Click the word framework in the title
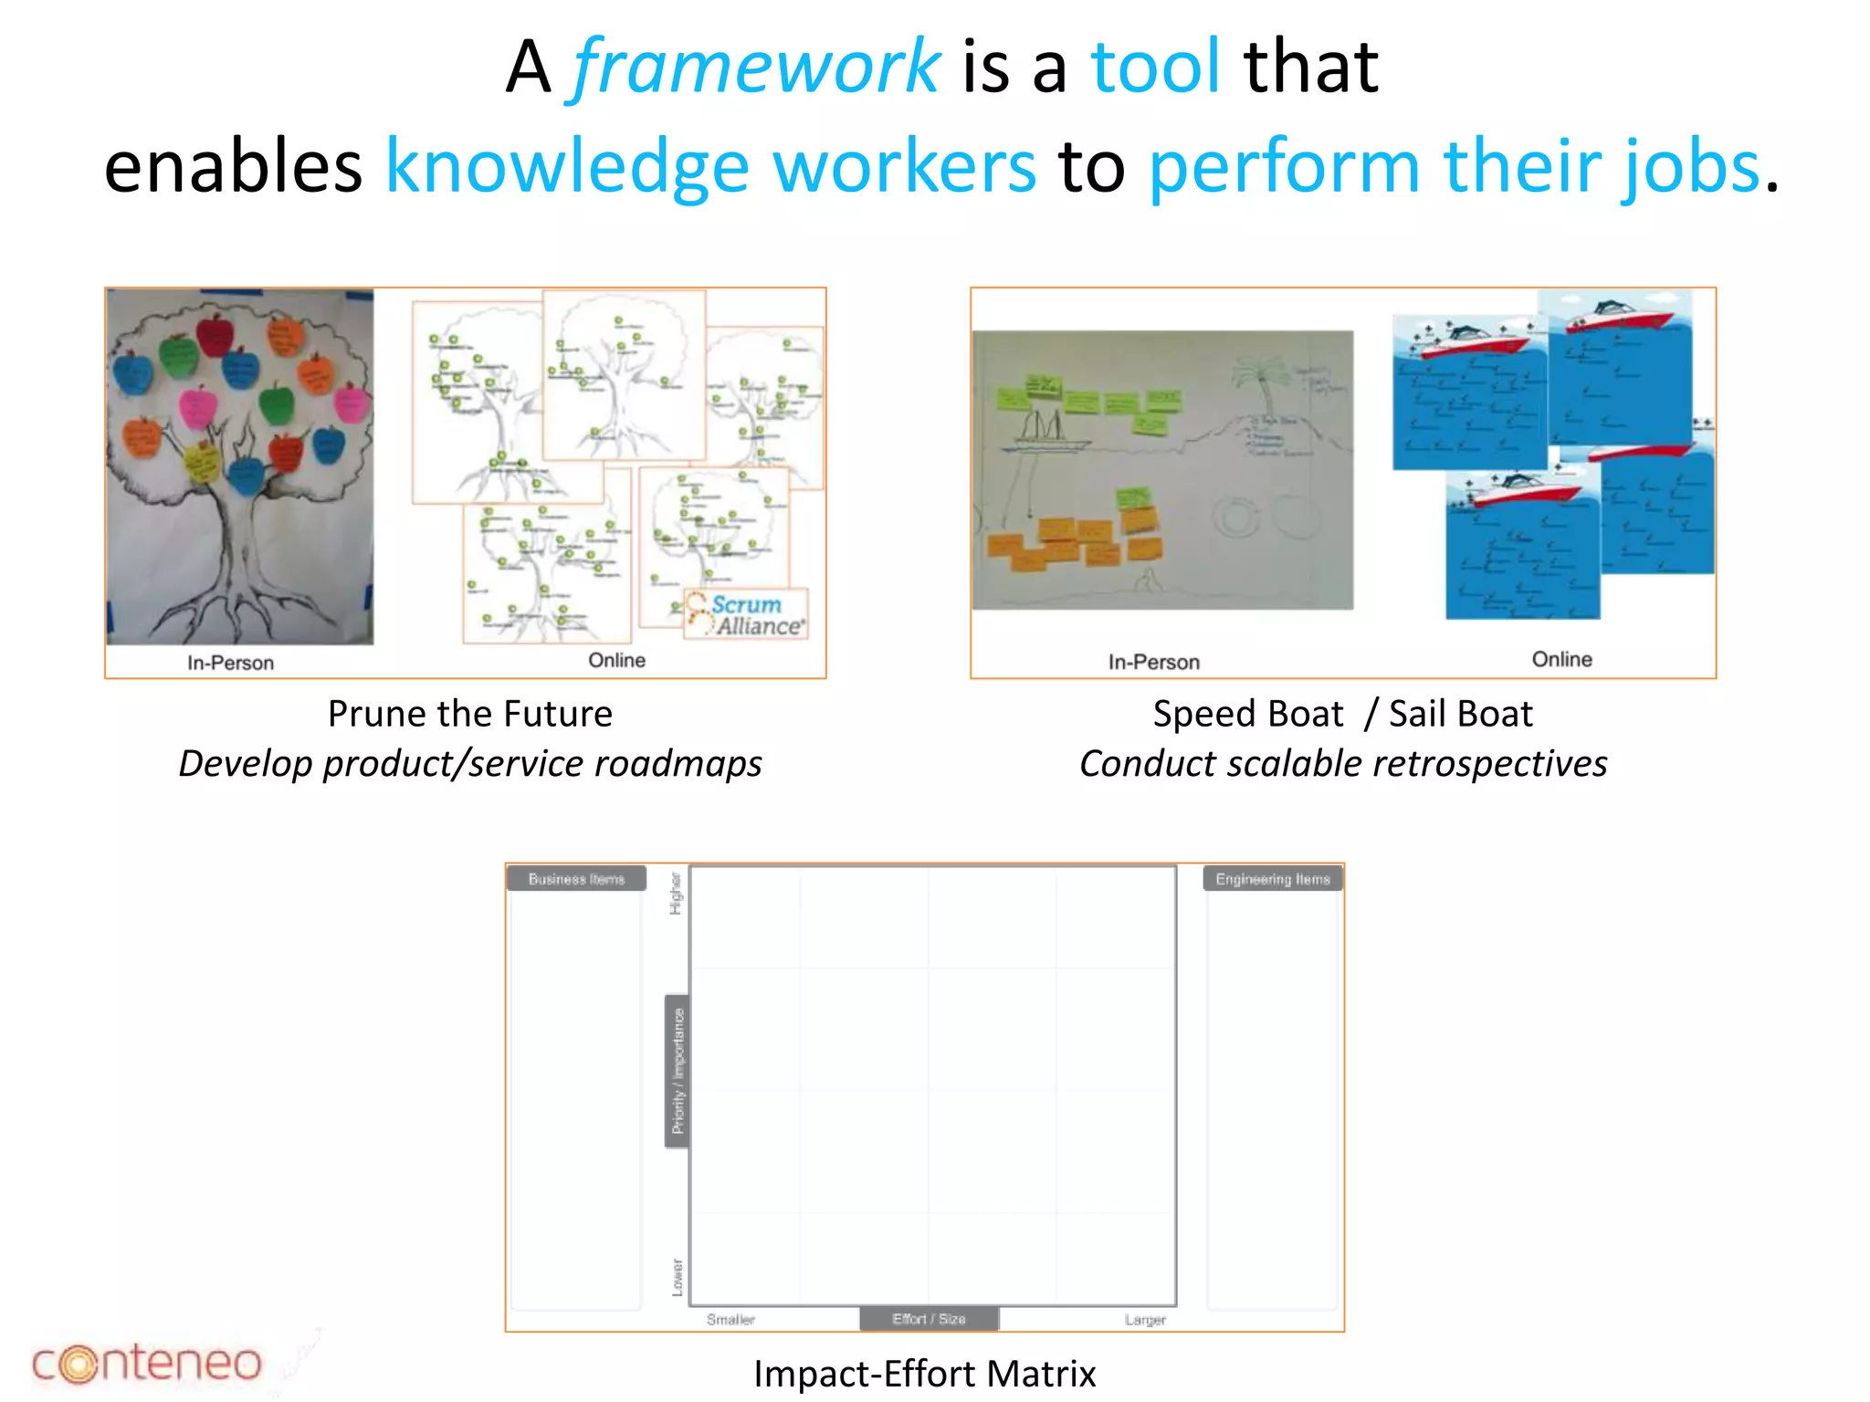pos(756,68)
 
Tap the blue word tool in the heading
pos(1155,68)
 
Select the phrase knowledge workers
pos(710,167)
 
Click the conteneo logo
pos(146,1363)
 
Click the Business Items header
pos(576,879)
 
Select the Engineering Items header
pos(1272,879)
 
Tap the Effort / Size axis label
pos(929,1319)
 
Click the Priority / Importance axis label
pos(678,1072)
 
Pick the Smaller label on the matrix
pos(730,1320)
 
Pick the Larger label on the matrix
pos(1145,1320)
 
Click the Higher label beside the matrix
pos(676,894)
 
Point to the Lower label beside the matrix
pos(677,1277)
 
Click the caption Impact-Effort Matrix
pos(924,1374)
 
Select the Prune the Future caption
pos(470,714)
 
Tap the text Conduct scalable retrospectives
pos(1343,764)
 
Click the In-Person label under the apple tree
pos(230,663)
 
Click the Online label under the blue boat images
pos(1561,659)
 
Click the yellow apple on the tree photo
pos(201,462)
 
